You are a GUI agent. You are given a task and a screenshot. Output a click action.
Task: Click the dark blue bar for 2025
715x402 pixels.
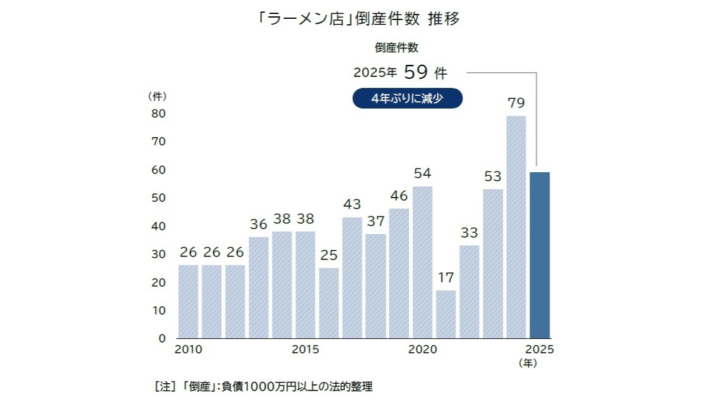(539, 255)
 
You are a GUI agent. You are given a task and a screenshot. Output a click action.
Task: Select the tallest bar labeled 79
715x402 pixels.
(516, 227)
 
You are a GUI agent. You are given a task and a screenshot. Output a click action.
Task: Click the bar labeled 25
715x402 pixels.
(329, 303)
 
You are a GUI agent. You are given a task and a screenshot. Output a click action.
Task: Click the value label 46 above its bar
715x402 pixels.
(399, 196)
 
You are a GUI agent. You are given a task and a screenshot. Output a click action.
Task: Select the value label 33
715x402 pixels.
(469, 232)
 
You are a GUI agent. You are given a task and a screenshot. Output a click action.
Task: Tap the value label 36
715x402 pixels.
(258, 224)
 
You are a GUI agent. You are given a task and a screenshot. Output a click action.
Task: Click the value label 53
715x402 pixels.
(492, 176)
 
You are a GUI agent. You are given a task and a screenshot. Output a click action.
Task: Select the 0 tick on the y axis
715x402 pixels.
(162, 338)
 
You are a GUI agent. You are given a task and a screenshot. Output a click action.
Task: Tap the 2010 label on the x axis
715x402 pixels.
(188, 350)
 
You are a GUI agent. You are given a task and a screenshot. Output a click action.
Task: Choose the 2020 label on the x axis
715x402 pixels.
(423, 350)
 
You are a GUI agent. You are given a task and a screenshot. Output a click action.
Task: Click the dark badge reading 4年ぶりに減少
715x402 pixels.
(408, 98)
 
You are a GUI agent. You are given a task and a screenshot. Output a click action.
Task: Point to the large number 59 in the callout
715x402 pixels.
(416, 73)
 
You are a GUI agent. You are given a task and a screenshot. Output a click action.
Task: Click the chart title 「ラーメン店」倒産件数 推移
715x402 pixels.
(357, 19)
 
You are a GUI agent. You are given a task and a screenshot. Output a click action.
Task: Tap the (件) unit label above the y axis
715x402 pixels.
(157, 96)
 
